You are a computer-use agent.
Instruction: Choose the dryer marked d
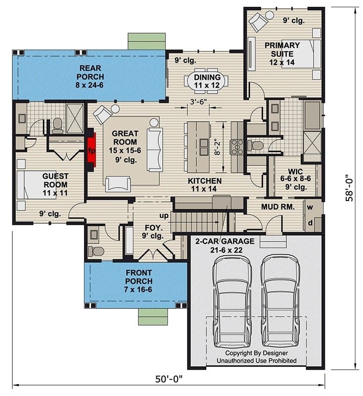pos(311,223)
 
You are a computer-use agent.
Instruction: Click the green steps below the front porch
pos(153,316)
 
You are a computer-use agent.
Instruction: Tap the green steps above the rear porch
pos(146,41)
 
